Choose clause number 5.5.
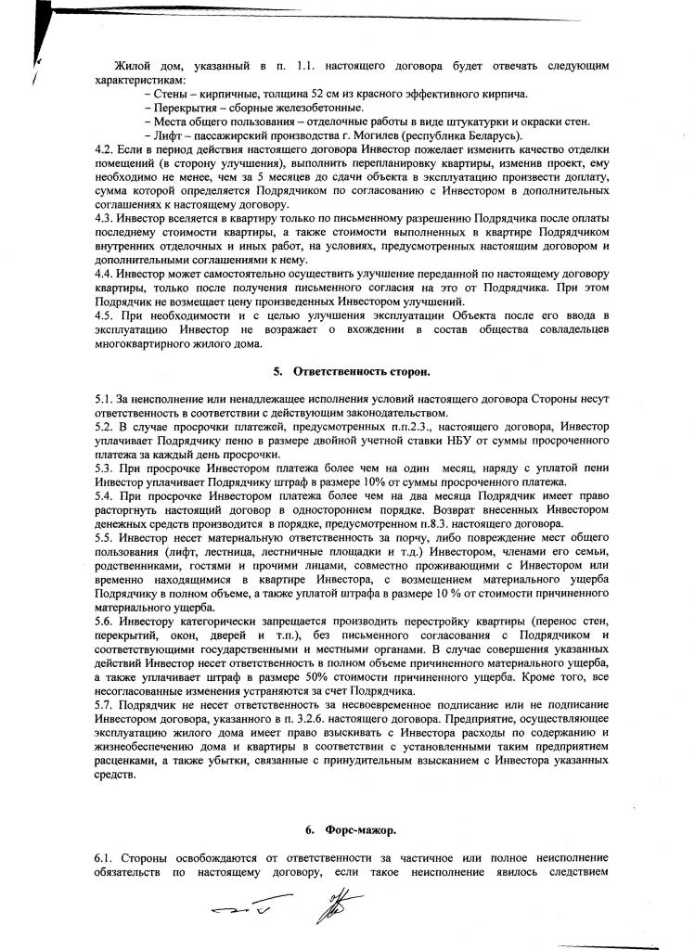(x=104, y=511)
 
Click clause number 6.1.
(x=104, y=858)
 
